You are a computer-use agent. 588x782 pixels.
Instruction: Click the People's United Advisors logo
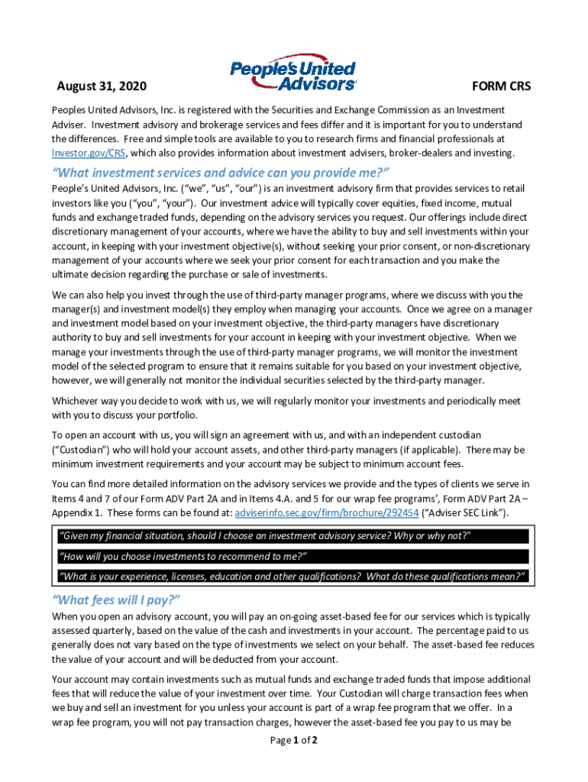293,72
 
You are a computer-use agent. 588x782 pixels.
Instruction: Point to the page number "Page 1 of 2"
294,740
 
